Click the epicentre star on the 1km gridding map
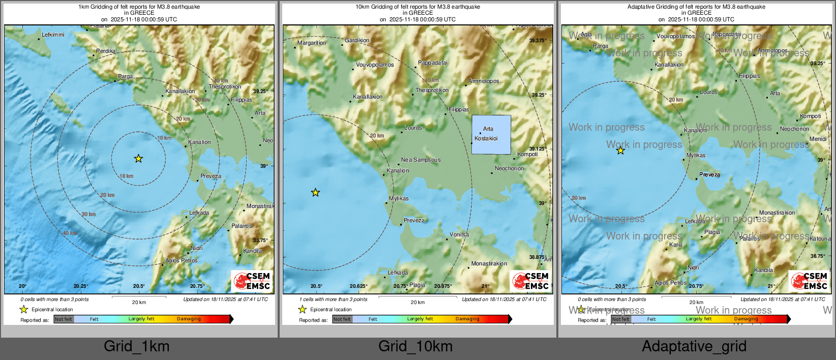point(138,159)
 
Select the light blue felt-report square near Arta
point(491,134)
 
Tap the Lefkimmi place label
point(53,35)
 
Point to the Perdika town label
point(106,51)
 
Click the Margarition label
point(312,43)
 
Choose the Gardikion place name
point(357,40)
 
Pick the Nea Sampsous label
point(421,160)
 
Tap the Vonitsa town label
point(459,234)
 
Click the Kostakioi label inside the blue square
point(486,138)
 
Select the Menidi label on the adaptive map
point(818,139)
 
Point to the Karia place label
point(676,245)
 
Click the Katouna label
point(820,238)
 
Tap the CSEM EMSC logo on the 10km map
point(530,281)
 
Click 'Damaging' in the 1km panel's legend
point(189,319)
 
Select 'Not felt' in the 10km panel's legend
point(342,319)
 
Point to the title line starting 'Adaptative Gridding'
point(696,7)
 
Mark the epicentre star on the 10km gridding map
point(315,192)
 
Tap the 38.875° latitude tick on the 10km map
point(538,257)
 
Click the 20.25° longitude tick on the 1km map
point(81,286)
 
